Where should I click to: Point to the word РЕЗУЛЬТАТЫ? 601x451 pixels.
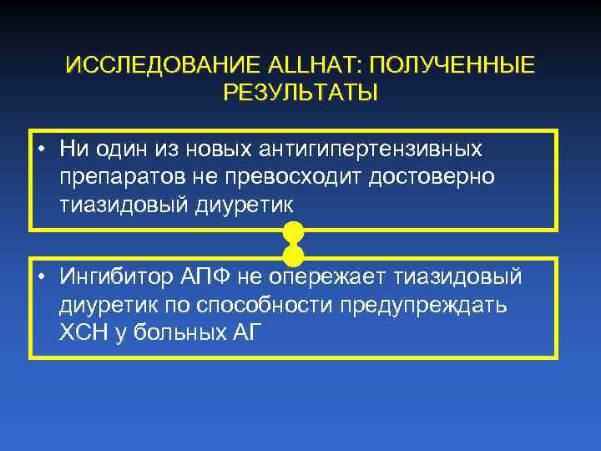300,92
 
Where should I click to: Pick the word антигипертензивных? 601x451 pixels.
383,149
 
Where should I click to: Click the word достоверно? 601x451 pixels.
434,177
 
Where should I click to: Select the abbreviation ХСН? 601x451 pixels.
81,332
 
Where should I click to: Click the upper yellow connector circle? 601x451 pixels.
293,231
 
